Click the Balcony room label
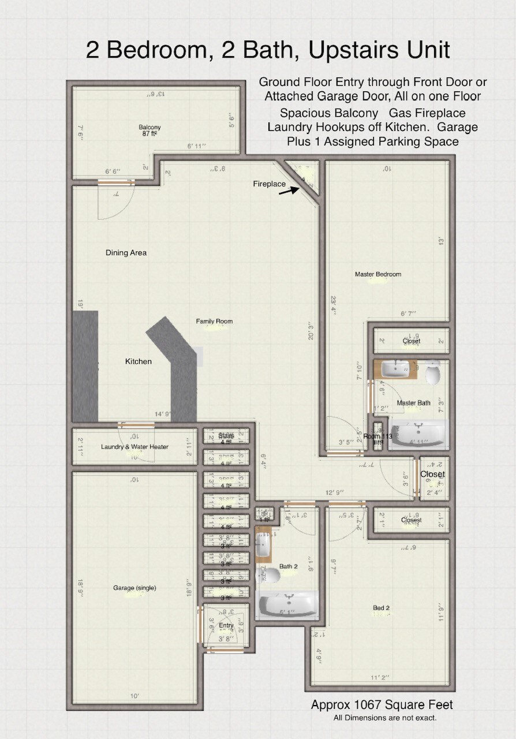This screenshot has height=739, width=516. point(149,127)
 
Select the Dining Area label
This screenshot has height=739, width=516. point(126,252)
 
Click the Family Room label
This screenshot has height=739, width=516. point(214,321)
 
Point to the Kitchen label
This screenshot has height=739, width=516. point(139,361)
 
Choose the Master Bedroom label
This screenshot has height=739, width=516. point(377,274)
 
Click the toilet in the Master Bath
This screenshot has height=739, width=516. point(433,372)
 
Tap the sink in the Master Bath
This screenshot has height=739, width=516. point(396,367)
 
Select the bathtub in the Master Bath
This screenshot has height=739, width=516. point(418,434)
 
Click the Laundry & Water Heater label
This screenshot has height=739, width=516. point(134,446)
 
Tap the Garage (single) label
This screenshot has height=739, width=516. point(134,588)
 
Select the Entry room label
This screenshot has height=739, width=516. point(226,625)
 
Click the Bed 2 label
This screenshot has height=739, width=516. point(381,608)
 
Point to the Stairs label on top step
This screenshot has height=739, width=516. point(226,435)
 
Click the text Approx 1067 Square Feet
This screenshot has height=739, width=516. point(382,705)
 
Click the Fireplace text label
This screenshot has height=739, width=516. point(269,184)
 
